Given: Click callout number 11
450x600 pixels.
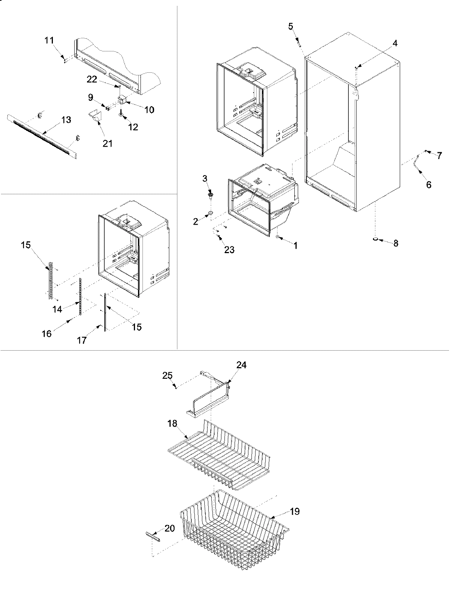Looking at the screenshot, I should point(49,40).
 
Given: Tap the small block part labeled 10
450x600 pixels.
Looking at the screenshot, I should point(122,99).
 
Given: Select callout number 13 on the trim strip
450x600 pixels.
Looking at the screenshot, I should point(66,120).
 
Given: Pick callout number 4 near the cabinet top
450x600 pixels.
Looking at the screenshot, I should point(395,43).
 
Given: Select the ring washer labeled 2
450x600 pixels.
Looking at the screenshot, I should point(210,214).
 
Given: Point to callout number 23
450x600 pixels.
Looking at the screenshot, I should point(229,250).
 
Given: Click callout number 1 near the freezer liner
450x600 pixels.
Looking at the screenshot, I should point(295,246).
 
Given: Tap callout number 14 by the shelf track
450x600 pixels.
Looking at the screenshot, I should point(57,309).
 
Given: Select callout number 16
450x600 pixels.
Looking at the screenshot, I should point(46,333).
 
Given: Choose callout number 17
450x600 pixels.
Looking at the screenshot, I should point(82,340).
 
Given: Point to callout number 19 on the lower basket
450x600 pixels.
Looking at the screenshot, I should point(295,511).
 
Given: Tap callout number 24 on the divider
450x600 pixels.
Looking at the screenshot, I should point(241,365).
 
